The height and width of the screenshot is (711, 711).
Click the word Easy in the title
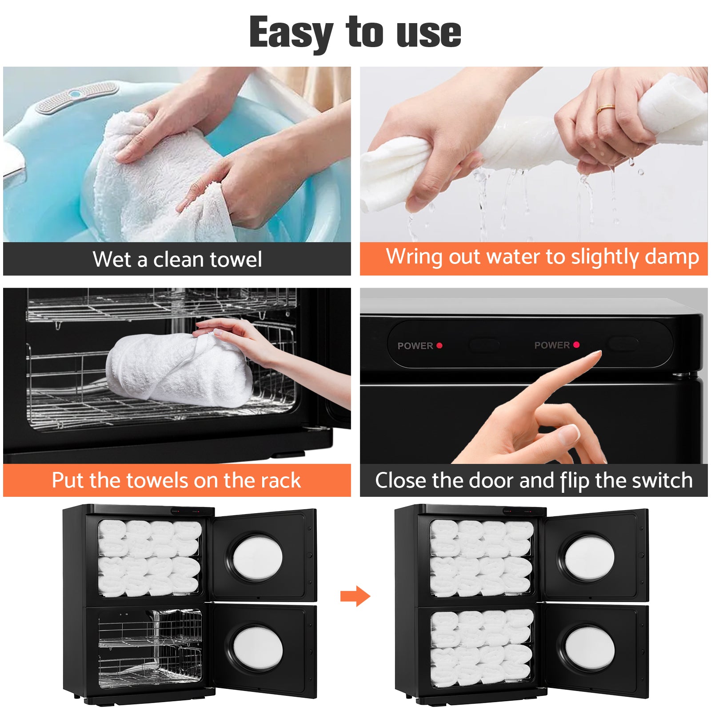[x=291, y=32]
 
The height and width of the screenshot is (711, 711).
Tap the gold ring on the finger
[x=605, y=108]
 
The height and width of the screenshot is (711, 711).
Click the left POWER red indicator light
[x=439, y=345]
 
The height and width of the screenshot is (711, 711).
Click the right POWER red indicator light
[x=576, y=344]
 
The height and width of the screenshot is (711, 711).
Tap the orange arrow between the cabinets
[x=355, y=596]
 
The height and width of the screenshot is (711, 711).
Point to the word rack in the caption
[x=280, y=480]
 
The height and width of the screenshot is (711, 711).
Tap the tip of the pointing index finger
[x=597, y=353]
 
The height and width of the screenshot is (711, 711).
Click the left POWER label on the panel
[x=415, y=346]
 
